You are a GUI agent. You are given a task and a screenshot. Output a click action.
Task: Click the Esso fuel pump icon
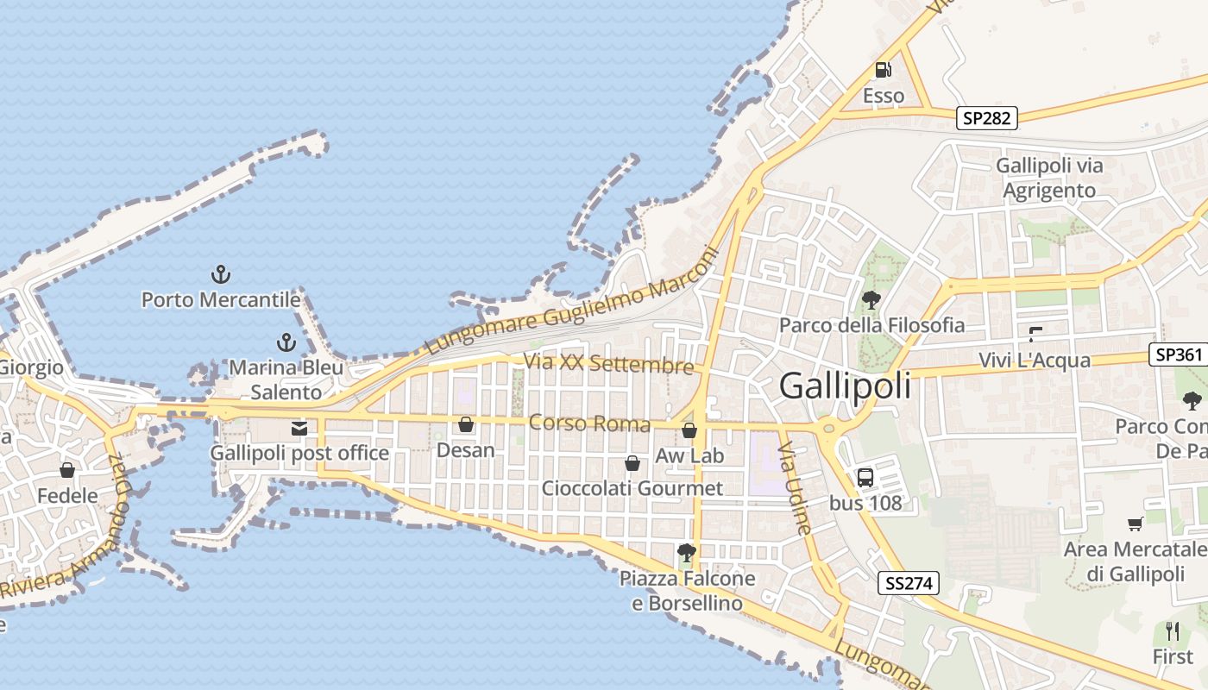pyautogui.click(x=883, y=70)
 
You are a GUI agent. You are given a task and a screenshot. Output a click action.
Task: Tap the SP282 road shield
pyautogui.click(x=986, y=118)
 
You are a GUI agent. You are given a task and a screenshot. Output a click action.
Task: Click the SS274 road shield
pyautogui.click(x=909, y=584)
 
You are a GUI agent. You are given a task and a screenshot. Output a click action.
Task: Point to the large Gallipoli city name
pyautogui.click(x=845, y=386)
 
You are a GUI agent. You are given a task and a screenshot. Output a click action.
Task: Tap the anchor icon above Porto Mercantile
pyautogui.click(x=222, y=275)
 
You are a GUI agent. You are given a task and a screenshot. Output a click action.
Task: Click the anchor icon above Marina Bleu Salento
pyautogui.click(x=286, y=342)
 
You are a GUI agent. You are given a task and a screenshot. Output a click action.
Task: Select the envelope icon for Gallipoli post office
pyautogui.click(x=299, y=428)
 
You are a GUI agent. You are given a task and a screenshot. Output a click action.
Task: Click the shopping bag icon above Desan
pyautogui.click(x=466, y=424)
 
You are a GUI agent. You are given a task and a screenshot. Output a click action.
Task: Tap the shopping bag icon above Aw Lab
pyautogui.click(x=689, y=430)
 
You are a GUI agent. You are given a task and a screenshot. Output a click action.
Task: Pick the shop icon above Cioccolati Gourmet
pyautogui.click(x=632, y=463)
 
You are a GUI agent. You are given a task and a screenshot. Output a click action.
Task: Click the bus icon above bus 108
pyautogui.click(x=865, y=477)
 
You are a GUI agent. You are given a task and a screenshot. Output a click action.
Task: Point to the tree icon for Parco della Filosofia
pyautogui.click(x=871, y=300)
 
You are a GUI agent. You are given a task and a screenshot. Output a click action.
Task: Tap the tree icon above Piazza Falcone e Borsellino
pyautogui.click(x=687, y=553)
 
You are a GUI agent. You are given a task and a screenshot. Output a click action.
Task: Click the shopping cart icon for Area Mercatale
pyautogui.click(x=1135, y=524)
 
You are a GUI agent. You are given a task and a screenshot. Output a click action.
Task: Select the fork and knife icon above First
pyautogui.click(x=1173, y=630)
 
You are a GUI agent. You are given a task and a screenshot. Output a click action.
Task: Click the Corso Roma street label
pyautogui.click(x=589, y=423)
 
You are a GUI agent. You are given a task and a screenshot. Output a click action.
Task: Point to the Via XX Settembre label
pyautogui.click(x=608, y=364)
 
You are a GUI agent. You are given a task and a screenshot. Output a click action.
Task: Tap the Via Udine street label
pyautogui.click(x=795, y=489)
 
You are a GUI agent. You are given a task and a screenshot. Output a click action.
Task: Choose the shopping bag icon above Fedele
pyautogui.click(x=67, y=470)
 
